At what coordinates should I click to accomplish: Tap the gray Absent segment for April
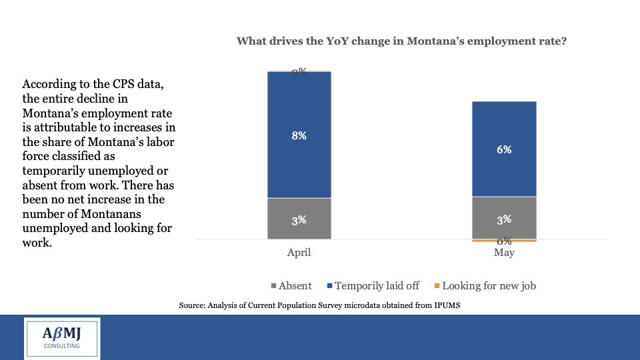coord(299,230)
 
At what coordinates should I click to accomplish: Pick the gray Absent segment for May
coord(504,230)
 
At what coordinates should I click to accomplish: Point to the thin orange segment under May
coord(504,240)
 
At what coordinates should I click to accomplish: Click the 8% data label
coord(299,135)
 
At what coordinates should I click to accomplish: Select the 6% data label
coord(504,150)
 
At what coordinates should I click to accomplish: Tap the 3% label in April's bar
coord(299,219)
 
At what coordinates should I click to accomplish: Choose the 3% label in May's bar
coord(504,219)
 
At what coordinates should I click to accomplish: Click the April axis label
coord(299,253)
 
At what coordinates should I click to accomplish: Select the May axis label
coord(504,253)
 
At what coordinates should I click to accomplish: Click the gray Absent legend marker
coord(274,286)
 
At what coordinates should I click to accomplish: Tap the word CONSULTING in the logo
coord(62,346)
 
